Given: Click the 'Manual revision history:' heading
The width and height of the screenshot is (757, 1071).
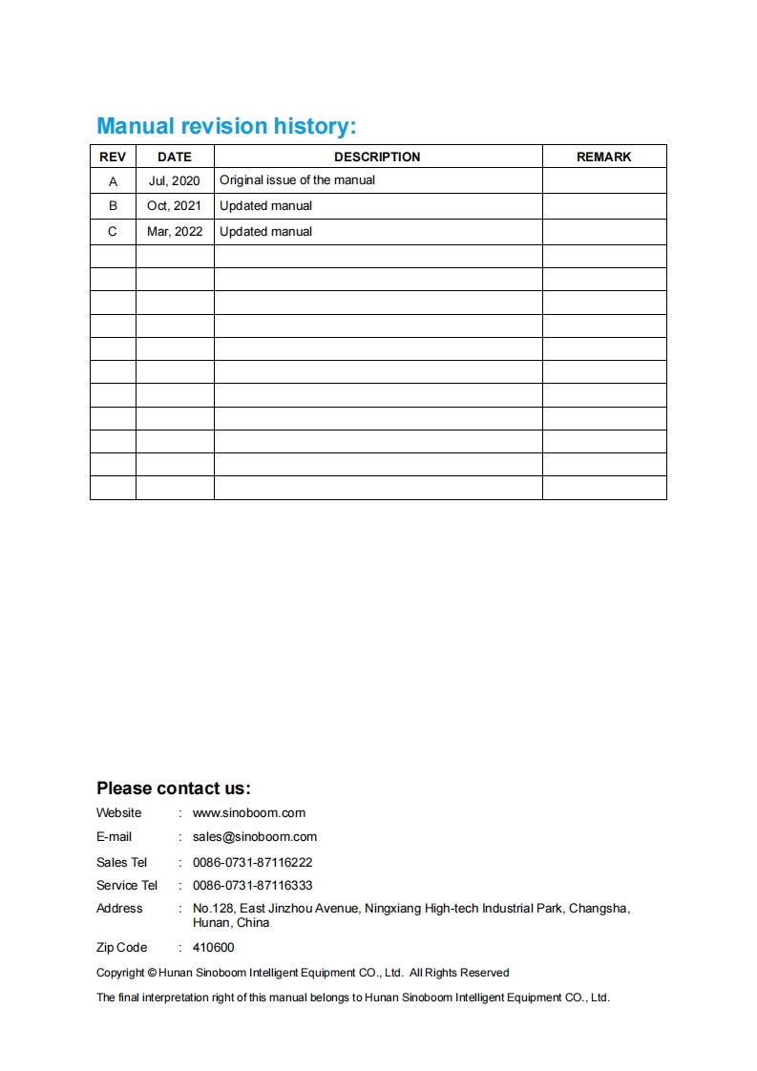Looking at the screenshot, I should coord(226,126).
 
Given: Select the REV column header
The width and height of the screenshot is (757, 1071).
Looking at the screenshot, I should coord(113,157).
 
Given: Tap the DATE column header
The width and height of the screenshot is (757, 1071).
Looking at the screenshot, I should coord(175,157).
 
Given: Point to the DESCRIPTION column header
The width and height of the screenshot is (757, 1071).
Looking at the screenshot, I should coord(377,157).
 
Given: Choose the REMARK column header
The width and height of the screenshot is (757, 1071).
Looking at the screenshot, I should coord(604,157).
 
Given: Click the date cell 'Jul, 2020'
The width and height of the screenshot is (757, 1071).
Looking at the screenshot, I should coord(175,180).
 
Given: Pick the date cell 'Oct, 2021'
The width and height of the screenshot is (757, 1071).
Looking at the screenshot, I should coord(175,206).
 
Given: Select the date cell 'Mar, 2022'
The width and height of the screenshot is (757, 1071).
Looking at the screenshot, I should coord(175,232).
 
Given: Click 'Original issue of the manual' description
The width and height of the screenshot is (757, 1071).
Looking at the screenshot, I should coord(297,180).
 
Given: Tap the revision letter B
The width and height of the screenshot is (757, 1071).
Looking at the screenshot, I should coord(113,206).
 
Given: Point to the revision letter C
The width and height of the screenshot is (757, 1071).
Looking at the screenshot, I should coord(113,232).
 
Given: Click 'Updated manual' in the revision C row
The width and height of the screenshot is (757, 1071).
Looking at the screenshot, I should coord(265,232).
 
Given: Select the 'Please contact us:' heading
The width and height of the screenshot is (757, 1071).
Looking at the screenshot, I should coord(174,788).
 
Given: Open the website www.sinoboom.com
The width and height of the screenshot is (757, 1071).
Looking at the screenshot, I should coord(249,813).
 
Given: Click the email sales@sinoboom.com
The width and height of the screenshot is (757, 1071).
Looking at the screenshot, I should coord(255,837).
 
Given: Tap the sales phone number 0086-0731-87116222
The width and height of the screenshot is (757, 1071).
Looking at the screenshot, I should coord(253,862).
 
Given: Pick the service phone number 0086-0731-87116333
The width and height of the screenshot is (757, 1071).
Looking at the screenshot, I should coord(253,886).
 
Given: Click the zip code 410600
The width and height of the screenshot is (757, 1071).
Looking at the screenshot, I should coord(213,948).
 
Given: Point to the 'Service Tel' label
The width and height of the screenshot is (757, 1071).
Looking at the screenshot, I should coord(127,886).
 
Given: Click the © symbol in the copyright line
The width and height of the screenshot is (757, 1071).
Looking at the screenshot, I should coord(153,973).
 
